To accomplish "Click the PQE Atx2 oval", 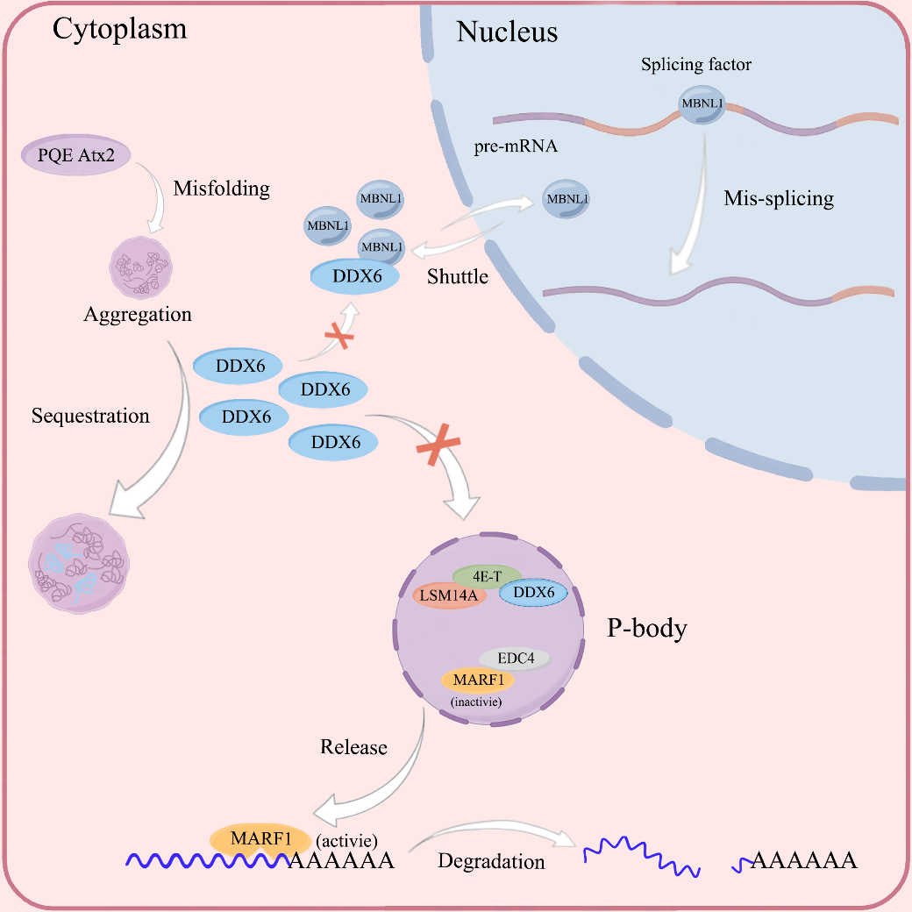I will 75,157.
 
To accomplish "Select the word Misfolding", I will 221,189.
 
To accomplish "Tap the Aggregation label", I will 138,314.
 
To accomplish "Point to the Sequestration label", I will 90,416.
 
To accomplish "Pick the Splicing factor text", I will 696,65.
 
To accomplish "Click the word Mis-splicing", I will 779,198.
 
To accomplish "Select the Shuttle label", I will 457,276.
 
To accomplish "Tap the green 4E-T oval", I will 487,576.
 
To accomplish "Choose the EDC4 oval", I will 515,658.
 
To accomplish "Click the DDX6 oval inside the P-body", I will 533,594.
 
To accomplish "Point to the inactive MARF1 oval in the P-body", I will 478,680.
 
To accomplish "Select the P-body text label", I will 645,629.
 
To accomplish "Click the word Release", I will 353,747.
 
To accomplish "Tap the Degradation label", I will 491,862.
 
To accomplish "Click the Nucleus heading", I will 507,33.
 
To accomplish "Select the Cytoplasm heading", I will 120,29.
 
